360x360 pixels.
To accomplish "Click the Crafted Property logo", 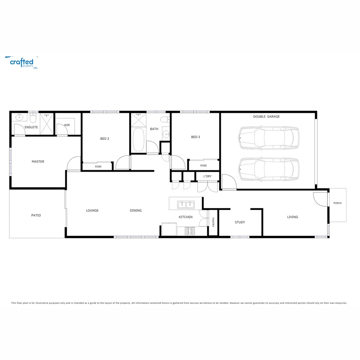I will click(x=22, y=62).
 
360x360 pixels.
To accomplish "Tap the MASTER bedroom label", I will click(x=38, y=162).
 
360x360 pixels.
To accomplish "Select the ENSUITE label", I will click(x=31, y=127).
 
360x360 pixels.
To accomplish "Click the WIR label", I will click(x=67, y=125).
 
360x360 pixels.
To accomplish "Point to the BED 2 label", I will click(x=105, y=139).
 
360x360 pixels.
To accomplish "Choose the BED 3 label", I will click(x=196, y=137).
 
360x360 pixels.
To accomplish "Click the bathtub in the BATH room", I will click(x=139, y=140).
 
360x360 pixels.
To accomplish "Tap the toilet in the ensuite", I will click(x=33, y=118).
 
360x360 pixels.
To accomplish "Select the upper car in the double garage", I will click(x=269, y=137).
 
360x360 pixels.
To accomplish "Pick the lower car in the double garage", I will click(x=269, y=169).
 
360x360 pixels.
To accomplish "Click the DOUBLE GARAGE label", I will click(x=266, y=117).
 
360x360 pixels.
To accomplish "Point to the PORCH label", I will click(x=337, y=203).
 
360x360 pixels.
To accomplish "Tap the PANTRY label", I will click(x=213, y=223).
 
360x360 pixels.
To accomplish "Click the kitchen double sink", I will click(x=186, y=204).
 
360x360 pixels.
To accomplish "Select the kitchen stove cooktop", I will click(x=190, y=231).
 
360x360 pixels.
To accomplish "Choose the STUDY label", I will click(x=240, y=222).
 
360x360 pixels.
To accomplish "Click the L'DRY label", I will click(x=207, y=176).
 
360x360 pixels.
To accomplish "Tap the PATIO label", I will click(x=36, y=215).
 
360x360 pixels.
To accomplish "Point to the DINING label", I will click(x=136, y=211).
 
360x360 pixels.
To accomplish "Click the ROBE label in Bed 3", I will click(x=203, y=166).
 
